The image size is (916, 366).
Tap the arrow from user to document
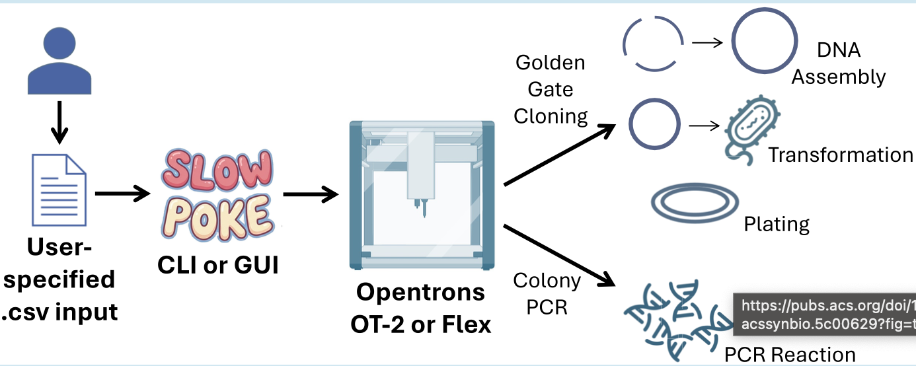coord(59,123)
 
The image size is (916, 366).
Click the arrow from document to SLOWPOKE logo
coord(123,194)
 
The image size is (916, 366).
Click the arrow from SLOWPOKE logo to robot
coord(311,194)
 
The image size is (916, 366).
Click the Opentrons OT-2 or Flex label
coord(420,308)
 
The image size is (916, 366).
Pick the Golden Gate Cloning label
coord(551,90)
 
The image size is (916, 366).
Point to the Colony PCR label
coord(547,293)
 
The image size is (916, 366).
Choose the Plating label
coord(777,224)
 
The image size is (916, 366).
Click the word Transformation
coord(840,155)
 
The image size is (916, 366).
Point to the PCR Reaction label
coord(789,355)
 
